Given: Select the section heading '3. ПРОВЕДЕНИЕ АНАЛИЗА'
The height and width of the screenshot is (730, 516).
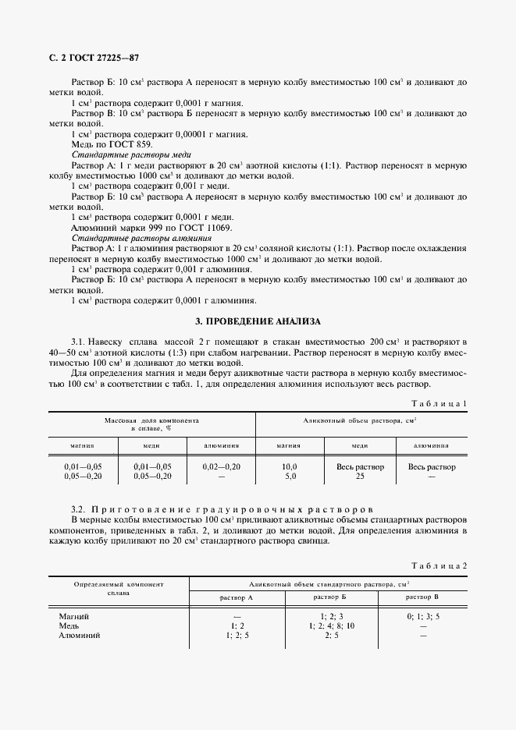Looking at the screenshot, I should [257, 321].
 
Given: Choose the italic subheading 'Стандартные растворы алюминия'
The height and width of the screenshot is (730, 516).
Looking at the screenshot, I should [130, 236].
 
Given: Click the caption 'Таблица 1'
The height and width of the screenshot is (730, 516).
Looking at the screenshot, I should [439, 402].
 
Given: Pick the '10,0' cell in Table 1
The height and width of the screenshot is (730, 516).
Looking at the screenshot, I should [290, 466].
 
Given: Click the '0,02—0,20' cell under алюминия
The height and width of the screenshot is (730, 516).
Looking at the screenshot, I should [221, 466].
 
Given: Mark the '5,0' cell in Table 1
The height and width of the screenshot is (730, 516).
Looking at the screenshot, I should [290, 476].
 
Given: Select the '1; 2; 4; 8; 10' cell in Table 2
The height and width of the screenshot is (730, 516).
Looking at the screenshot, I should [331, 625].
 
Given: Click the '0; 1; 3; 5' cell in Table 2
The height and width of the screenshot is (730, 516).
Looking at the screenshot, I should [423, 616].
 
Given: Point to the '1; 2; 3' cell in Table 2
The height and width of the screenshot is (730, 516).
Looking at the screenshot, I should [331, 616].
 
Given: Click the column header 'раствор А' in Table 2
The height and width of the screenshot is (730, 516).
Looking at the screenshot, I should [238, 597].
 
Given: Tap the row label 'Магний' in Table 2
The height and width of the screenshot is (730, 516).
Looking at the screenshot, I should [75, 616].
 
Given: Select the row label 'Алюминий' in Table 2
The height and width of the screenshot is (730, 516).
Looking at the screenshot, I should [81, 636].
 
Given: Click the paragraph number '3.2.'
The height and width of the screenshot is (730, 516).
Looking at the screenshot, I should [80, 509].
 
